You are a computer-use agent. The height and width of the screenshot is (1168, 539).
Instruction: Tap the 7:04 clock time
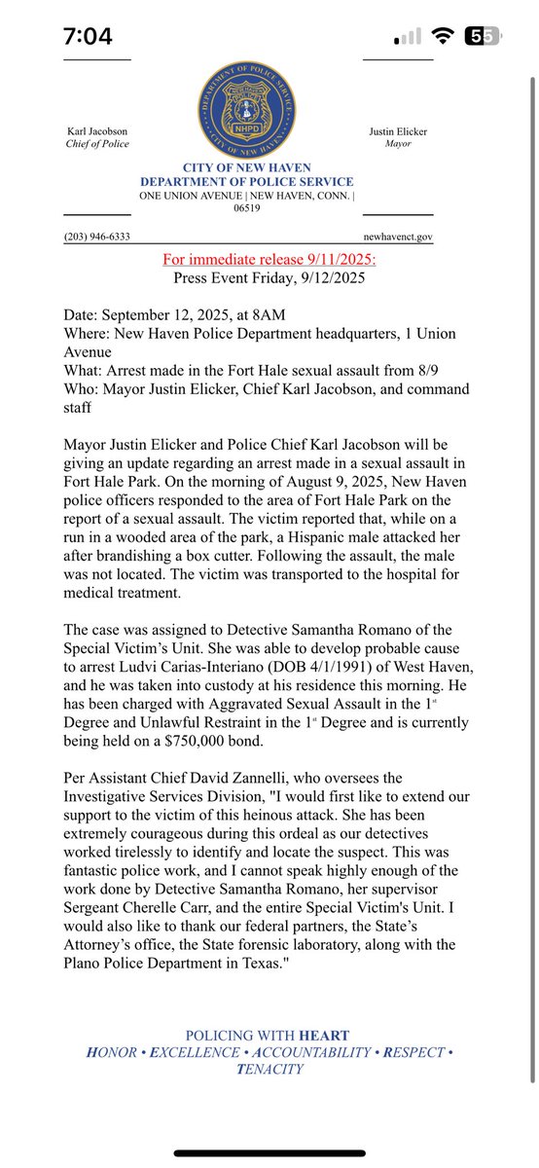pos(88,37)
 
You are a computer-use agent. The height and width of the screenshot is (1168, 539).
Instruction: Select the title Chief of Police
pos(97,144)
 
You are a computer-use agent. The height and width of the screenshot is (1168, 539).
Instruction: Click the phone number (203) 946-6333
pos(97,237)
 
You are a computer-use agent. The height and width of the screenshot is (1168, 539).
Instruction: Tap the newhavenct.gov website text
pos(398,237)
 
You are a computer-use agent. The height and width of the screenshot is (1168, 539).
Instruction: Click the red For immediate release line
pos(268,259)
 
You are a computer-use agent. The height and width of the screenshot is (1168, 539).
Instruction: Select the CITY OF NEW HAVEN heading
pos(246,169)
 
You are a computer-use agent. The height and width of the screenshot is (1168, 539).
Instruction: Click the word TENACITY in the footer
pos(269,1069)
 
